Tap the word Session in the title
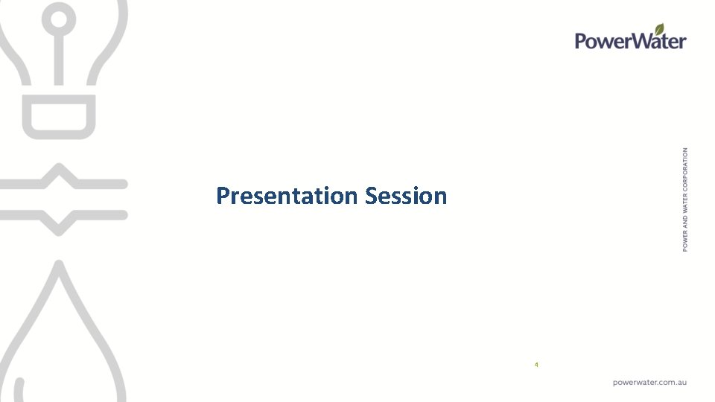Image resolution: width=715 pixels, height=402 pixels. (x=406, y=196)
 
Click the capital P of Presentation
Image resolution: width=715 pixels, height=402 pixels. (x=223, y=196)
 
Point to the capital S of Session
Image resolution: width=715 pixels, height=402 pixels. (x=372, y=196)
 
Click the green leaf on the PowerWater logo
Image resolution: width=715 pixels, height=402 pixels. (x=660, y=30)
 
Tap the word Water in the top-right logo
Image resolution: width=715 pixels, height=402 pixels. (x=658, y=42)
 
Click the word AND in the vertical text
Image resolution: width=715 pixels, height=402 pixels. (x=685, y=223)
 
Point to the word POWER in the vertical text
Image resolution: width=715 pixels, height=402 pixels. (x=685, y=240)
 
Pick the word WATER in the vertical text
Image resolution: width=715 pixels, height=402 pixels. (x=685, y=208)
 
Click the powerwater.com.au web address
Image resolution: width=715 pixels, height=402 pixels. (x=649, y=382)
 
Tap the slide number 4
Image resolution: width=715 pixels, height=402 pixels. (x=536, y=365)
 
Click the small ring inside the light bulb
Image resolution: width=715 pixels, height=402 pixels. (x=57, y=22)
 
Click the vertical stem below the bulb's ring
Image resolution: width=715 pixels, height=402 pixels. (x=58, y=60)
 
